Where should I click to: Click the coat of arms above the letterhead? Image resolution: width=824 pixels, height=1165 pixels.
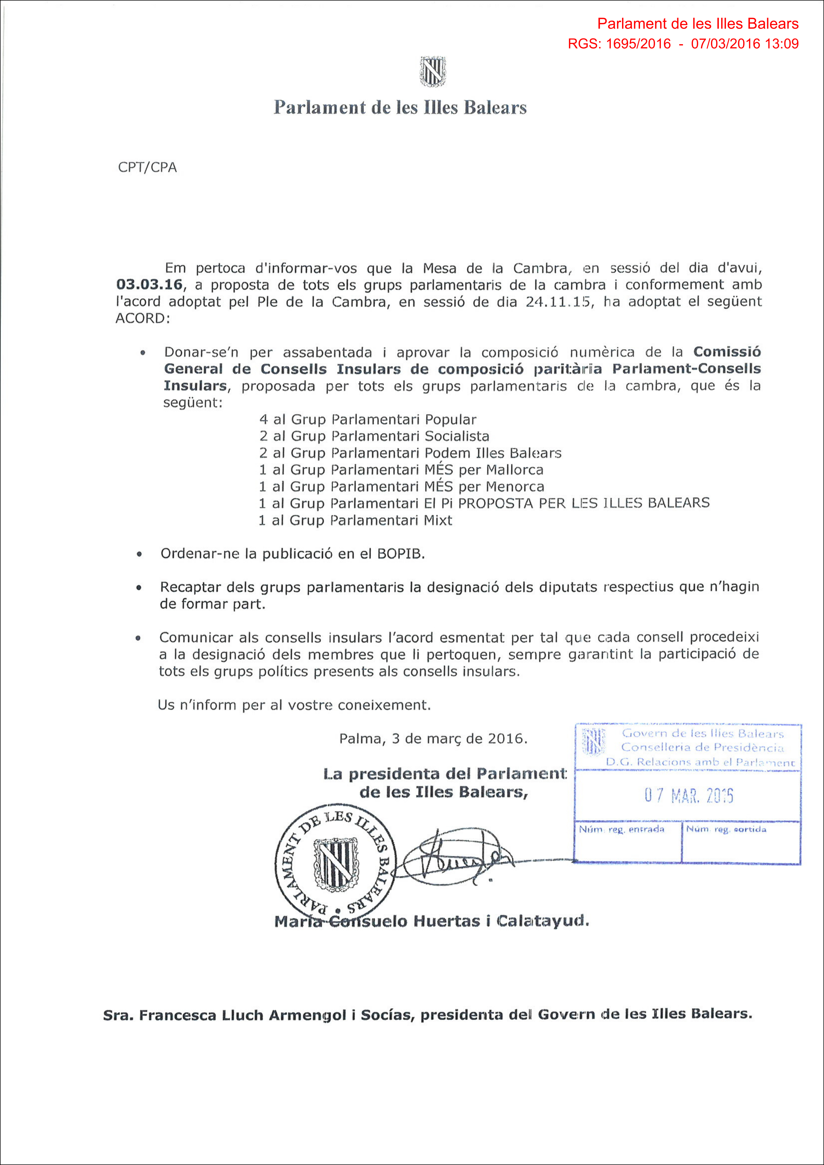click(432, 72)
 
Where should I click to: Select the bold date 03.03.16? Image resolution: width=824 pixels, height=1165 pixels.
click(149, 285)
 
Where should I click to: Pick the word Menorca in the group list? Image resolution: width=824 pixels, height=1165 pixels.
click(515, 487)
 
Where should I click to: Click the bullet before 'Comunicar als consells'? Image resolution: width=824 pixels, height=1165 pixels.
click(138, 638)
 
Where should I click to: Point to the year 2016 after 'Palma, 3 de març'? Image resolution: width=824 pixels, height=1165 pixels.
click(507, 739)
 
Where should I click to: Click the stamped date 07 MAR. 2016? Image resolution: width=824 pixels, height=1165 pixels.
click(689, 796)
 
